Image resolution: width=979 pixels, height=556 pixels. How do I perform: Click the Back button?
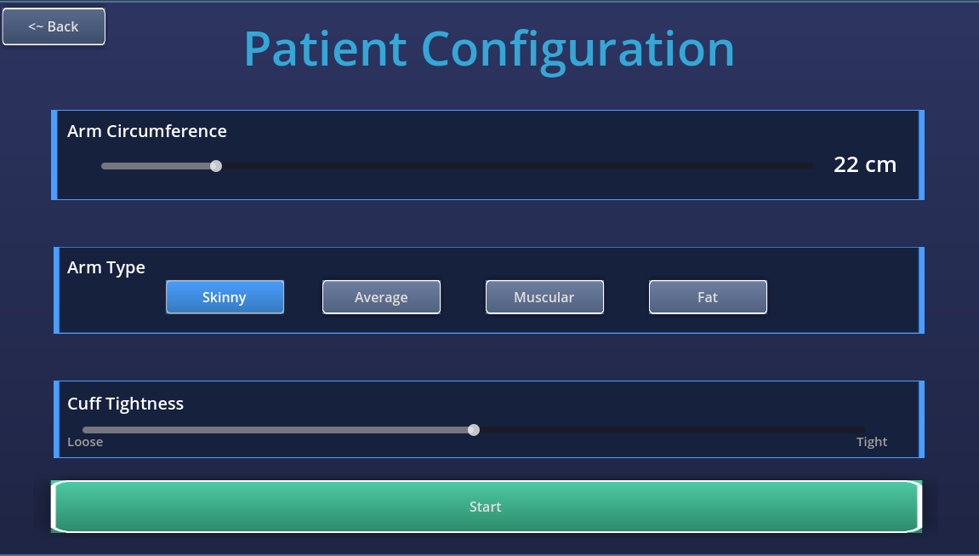coord(54,27)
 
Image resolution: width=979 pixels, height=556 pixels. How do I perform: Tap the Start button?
coord(487,507)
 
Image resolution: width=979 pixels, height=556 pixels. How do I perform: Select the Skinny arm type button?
coord(225,297)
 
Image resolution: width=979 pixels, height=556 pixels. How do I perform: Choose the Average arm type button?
coord(382,297)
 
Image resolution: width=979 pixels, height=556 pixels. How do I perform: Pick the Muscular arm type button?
coord(544,297)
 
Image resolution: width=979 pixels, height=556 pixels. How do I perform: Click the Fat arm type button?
coord(708,297)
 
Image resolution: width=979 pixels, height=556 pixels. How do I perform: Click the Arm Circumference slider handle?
coord(216,166)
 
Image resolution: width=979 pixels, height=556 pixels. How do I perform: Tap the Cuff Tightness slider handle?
coord(474,430)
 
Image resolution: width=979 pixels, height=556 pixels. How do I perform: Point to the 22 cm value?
coord(865,165)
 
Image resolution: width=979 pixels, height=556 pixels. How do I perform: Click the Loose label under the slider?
coord(85,442)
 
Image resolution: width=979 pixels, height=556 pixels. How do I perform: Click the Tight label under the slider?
coord(872,442)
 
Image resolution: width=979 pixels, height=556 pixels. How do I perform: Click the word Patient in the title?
coord(325,49)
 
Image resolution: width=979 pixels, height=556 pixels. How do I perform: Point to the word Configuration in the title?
coord(578,50)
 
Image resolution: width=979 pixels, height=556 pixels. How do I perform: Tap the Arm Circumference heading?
coord(147,131)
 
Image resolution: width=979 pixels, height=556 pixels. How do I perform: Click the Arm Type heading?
coord(106,268)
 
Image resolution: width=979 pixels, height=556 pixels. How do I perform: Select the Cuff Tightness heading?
coord(126,404)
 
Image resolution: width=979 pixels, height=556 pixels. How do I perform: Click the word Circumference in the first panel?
coord(167,131)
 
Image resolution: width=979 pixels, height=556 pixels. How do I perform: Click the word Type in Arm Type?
coord(126,268)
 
